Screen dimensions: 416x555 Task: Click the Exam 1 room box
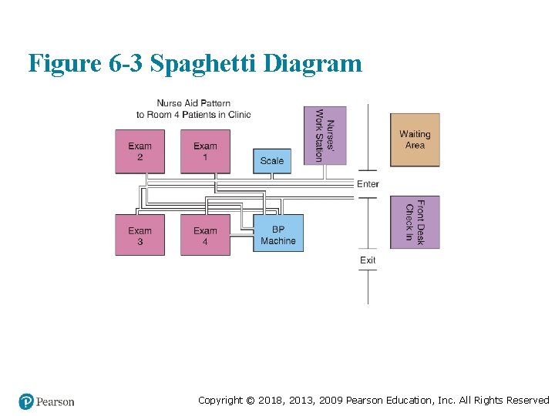coord(205,151)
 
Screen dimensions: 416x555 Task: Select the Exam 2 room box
coord(140,151)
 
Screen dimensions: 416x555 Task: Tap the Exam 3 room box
coord(140,235)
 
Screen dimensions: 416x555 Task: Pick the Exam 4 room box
coord(205,235)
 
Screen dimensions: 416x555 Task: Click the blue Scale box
coord(272,160)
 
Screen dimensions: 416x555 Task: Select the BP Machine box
coord(278,234)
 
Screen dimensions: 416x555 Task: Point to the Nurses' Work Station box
coord(325,136)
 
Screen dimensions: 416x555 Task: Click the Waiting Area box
coord(415,139)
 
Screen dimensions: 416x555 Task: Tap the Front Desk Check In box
coord(415,222)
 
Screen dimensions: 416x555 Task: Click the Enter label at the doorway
coord(368,183)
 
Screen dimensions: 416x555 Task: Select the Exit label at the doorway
coord(368,260)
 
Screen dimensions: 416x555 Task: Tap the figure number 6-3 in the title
coord(126,63)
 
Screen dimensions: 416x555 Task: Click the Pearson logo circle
coord(27,401)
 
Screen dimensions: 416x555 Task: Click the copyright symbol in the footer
coord(251,400)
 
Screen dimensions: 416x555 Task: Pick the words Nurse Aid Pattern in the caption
coord(193,103)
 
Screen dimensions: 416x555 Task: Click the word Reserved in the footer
coord(528,400)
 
